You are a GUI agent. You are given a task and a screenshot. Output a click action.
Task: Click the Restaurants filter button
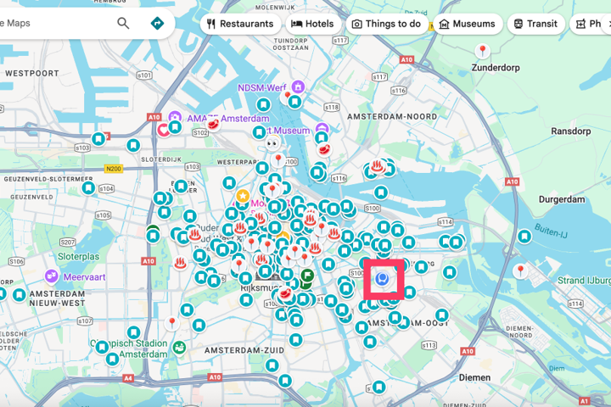click(x=240, y=24)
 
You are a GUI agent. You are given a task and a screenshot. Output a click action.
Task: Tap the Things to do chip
click(x=386, y=24)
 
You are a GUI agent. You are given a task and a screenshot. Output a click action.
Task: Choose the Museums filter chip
click(x=467, y=24)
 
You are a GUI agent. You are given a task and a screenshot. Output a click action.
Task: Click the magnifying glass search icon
click(x=124, y=23)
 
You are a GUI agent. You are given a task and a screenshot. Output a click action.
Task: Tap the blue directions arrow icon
click(x=157, y=23)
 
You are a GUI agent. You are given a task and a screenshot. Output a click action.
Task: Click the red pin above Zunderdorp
click(x=483, y=52)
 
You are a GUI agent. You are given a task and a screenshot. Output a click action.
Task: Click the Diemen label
click(x=474, y=376)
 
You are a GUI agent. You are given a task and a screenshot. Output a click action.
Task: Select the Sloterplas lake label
click(x=78, y=256)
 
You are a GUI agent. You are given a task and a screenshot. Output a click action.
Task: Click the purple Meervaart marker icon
click(x=52, y=276)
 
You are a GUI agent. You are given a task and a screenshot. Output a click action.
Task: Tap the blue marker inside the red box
click(x=383, y=277)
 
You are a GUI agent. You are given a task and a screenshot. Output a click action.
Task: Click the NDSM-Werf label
click(x=261, y=86)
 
